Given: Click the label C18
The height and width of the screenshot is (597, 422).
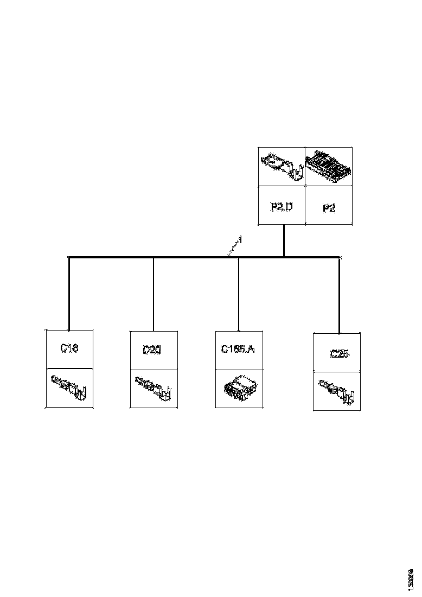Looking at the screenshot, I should (x=69, y=348).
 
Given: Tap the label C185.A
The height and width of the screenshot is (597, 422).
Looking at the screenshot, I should (x=238, y=349).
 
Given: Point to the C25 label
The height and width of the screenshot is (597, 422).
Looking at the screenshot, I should (x=338, y=354).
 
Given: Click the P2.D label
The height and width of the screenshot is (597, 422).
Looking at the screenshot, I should (x=281, y=206).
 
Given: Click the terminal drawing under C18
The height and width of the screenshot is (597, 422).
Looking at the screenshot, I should (x=69, y=388).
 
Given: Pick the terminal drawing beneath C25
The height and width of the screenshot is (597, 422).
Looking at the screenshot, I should (x=337, y=391).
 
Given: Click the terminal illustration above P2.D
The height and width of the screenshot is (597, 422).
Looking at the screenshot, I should (x=281, y=166).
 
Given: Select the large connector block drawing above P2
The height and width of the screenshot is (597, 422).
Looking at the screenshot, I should (x=329, y=166).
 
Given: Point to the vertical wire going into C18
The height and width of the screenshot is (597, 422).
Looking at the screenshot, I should (x=69, y=293).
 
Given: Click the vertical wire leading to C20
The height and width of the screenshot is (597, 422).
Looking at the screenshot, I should (x=154, y=293).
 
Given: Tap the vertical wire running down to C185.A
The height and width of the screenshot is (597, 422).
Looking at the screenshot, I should (x=239, y=293).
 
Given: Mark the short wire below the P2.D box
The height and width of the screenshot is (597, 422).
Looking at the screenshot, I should (x=283, y=240).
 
